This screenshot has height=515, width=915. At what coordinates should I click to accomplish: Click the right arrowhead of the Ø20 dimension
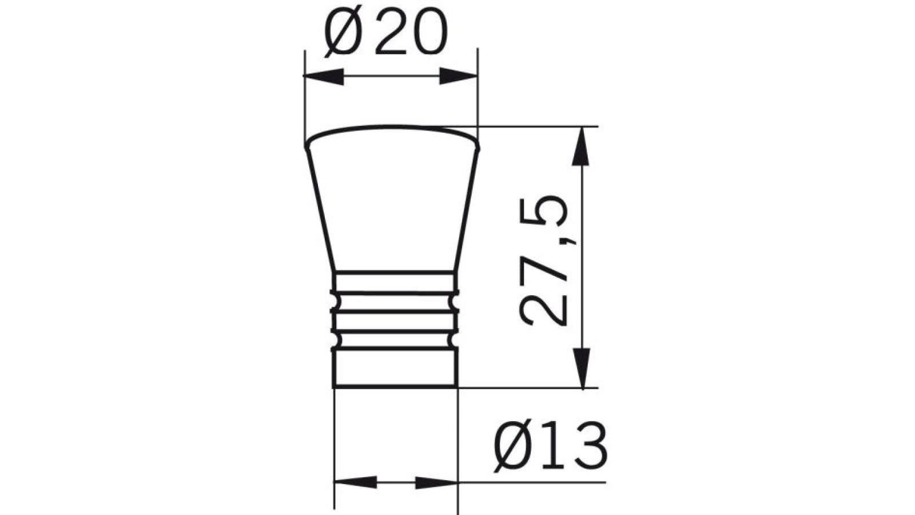coord(457,76)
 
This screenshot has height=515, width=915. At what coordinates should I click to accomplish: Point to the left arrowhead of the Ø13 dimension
coord(355,482)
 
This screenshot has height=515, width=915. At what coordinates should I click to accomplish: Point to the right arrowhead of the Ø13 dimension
coord(437,482)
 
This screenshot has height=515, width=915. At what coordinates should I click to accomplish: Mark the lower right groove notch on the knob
coord(456,340)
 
